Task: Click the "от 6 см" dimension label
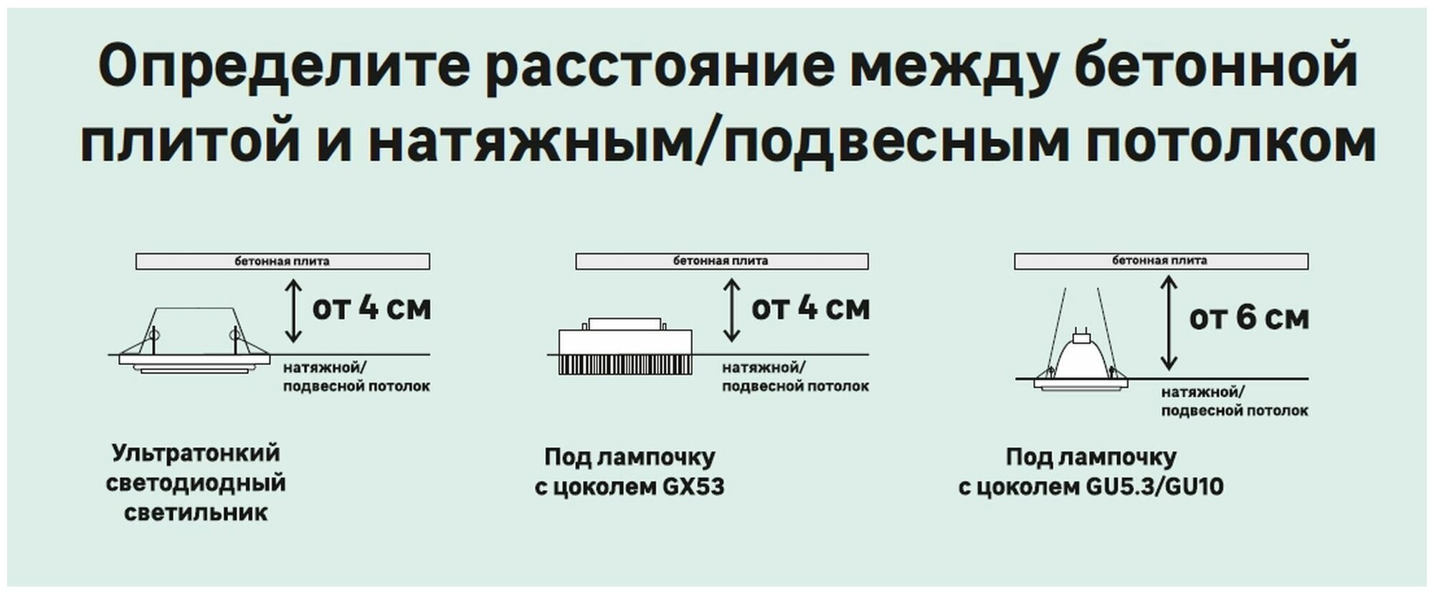(x=1248, y=318)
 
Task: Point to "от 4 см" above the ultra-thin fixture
(x=371, y=308)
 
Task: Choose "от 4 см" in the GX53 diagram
(x=810, y=308)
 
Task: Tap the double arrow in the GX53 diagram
(x=731, y=310)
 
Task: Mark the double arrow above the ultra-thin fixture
(x=293, y=310)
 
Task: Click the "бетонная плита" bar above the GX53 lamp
(x=721, y=261)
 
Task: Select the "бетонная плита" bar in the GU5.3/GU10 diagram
(x=1160, y=261)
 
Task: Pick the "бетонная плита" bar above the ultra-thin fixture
(x=282, y=261)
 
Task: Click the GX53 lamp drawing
(x=625, y=348)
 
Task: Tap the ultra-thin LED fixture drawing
(x=194, y=348)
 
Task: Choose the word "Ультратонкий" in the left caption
(x=196, y=453)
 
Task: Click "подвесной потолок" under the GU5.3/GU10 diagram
(x=1234, y=411)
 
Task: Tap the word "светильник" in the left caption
(x=196, y=513)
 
